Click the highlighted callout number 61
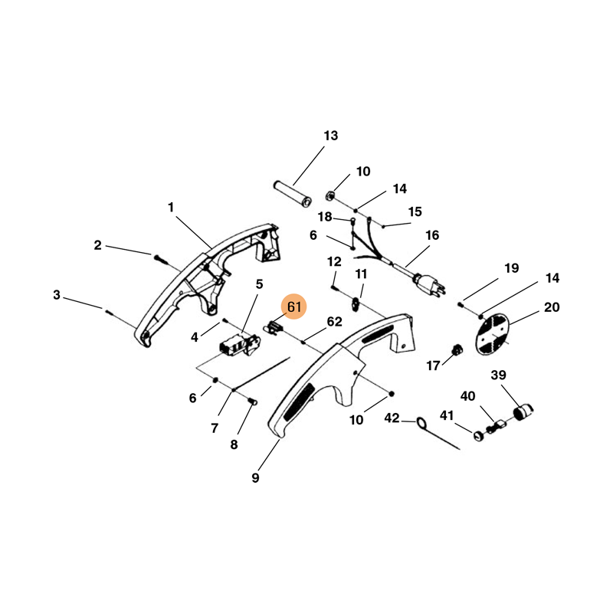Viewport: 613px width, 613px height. pos(294,307)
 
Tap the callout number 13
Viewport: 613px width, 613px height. pos(330,136)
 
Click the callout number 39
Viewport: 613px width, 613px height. pos(520,375)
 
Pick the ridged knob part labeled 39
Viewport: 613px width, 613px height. pos(523,414)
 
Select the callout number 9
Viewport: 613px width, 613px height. pos(255,478)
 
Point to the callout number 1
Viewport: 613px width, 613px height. pos(171,207)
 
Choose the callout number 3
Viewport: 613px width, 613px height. pos(57,294)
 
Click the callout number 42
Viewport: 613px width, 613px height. pos(392,418)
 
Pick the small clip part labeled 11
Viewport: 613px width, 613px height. pos(357,305)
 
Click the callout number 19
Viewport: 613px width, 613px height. pos(511,268)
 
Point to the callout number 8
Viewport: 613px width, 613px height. pos(234,444)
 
